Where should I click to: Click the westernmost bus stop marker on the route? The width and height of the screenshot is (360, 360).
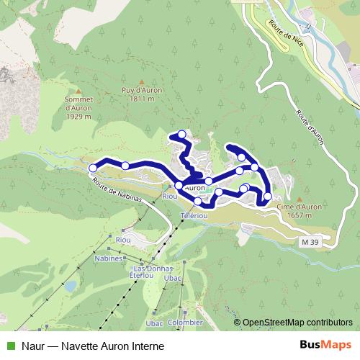click(x=92, y=168)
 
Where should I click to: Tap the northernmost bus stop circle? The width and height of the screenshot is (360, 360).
click(x=182, y=135)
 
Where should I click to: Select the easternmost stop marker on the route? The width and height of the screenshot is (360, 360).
click(x=268, y=196)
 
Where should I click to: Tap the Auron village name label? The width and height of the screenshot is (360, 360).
click(x=194, y=188)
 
